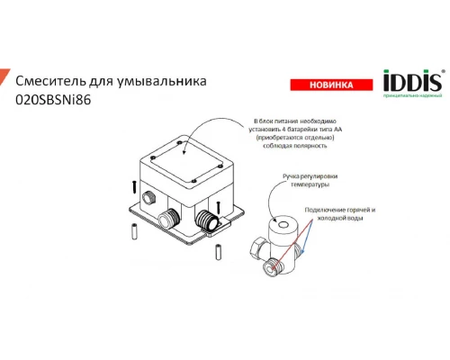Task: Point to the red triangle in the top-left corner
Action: tap(4, 76)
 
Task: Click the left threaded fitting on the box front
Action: tap(169, 220)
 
